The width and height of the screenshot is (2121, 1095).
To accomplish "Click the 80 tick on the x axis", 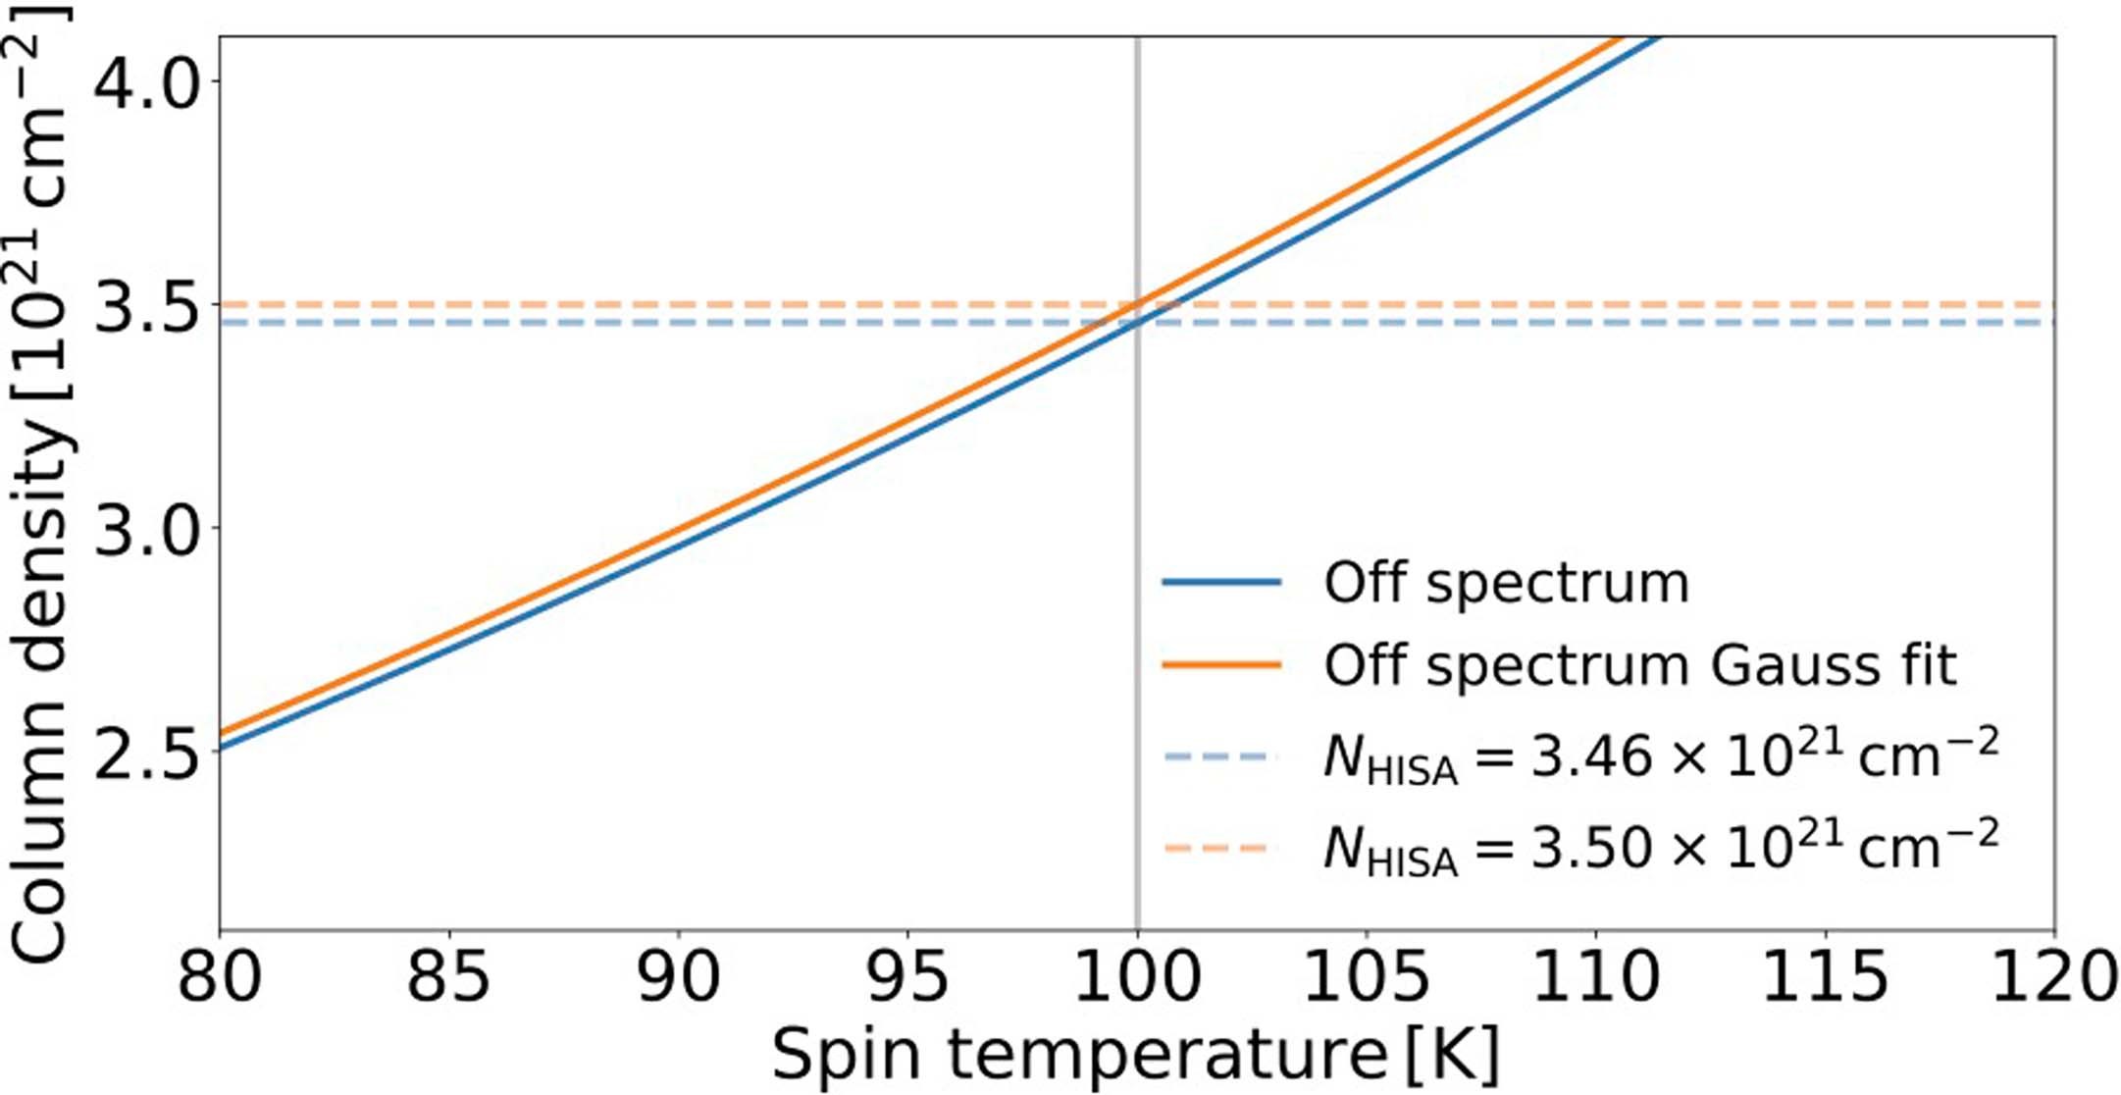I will coord(219,976).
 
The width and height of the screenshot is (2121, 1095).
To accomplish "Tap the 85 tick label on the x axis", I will coord(448,976).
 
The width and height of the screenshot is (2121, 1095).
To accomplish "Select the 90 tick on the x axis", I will coord(678,976).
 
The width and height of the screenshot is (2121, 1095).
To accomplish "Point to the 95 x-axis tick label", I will coord(907,976).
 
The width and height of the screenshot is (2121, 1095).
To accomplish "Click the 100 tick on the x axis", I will coord(1137,976).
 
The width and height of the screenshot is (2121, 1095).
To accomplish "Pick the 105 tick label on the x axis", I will coord(1367,976).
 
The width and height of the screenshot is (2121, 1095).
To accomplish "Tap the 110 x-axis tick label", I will coord(1596,976).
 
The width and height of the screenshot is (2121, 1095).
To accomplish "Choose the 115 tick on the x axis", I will coord(1826,976).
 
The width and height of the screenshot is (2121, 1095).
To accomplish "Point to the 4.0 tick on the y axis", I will coord(145,82).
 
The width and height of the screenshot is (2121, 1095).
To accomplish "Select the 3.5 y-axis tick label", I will coord(145,305).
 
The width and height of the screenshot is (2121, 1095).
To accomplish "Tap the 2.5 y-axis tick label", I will coord(145,752).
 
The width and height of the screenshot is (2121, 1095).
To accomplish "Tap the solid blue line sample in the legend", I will coord(1221,582).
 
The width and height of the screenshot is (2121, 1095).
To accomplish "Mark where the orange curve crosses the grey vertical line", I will coord(1137,305).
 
